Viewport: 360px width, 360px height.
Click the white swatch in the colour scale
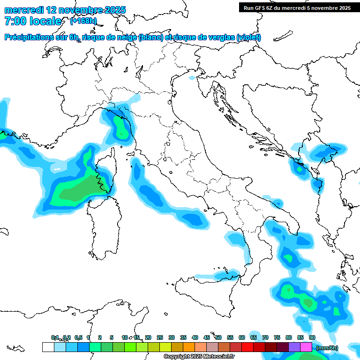click(48, 347)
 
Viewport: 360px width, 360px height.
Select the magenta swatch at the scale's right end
click(306, 347)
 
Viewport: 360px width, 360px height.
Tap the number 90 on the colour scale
click(312, 337)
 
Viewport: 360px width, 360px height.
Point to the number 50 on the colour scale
click(218, 337)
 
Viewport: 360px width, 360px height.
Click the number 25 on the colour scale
click(160, 337)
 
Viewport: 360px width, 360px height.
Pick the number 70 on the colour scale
click(265, 337)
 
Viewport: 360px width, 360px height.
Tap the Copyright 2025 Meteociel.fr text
click(199, 357)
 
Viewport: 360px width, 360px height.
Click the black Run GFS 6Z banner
click(297, 8)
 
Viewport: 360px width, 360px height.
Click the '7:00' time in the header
click(15, 21)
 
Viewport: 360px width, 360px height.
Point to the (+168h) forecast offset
click(83, 21)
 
